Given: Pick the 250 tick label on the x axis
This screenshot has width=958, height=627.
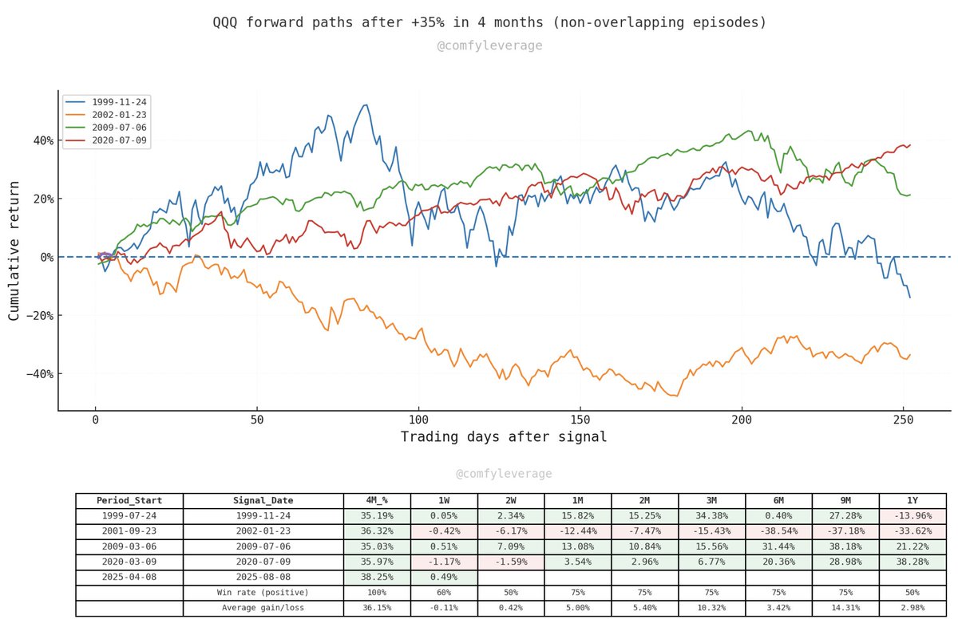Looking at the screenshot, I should point(904,420).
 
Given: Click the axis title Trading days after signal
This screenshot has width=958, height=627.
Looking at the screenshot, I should point(503,437).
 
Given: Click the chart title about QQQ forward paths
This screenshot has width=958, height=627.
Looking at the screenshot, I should point(489,22).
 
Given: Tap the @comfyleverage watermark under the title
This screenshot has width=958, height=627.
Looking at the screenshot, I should point(489,45).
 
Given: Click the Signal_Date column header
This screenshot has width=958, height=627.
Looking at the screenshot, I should point(263,501).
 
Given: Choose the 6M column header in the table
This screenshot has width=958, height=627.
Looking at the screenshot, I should point(778,501).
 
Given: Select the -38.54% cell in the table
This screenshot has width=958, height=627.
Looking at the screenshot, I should point(778,531).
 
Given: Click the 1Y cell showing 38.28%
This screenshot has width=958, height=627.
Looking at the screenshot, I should point(912,562).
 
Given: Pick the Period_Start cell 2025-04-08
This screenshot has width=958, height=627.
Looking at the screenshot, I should point(129,578).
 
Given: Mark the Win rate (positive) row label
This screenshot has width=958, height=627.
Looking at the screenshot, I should point(263,593).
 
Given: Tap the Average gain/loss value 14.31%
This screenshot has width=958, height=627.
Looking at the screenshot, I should point(845,609).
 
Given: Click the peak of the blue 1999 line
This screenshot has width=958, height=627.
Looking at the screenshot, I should point(366,104).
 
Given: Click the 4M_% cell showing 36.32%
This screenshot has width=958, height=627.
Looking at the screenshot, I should point(377,531).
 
